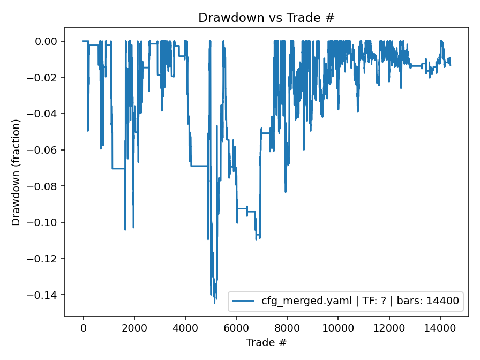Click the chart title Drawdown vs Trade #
pos(266,18)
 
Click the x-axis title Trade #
pos(266,342)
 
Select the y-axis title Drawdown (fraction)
pos(17,172)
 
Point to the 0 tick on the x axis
pos(83,328)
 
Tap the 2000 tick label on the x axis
pos(134,328)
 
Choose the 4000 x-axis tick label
pos(185,328)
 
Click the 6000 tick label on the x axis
pos(236,328)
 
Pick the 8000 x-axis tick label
pos(287,328)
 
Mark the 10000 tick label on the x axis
pos(338,328)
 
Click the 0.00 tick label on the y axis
pos(50,41)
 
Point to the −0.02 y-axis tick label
pos(47,78)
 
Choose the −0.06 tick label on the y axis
pos(47,150)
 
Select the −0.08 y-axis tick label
pos(47,186)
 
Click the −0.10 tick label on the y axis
pos(47,222)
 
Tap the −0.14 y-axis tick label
pos(47,295)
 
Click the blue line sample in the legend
pos(244,301)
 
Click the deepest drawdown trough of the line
pos(214,303)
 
